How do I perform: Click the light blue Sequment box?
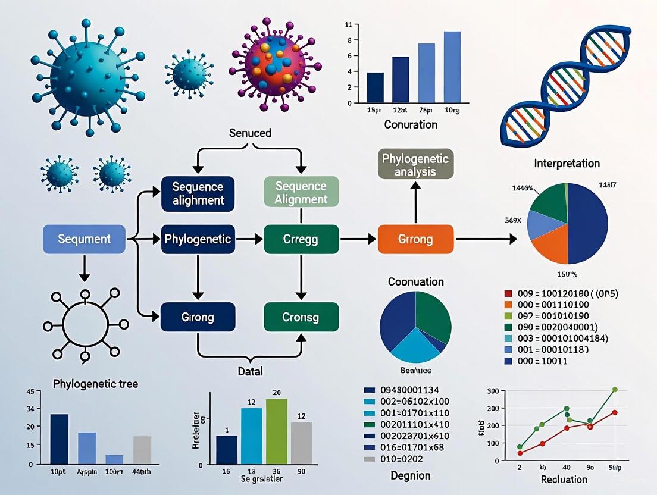point(84,239)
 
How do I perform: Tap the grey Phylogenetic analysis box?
point(416,164)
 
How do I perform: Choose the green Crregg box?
point(301,240)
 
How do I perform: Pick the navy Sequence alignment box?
point(198,193)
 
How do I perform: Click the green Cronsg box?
point(301,317)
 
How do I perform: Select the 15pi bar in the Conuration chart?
point(375,86)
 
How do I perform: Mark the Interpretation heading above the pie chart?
point(567,163)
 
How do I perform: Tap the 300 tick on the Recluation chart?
point(492,391)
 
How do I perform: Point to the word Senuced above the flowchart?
point(250,133)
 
